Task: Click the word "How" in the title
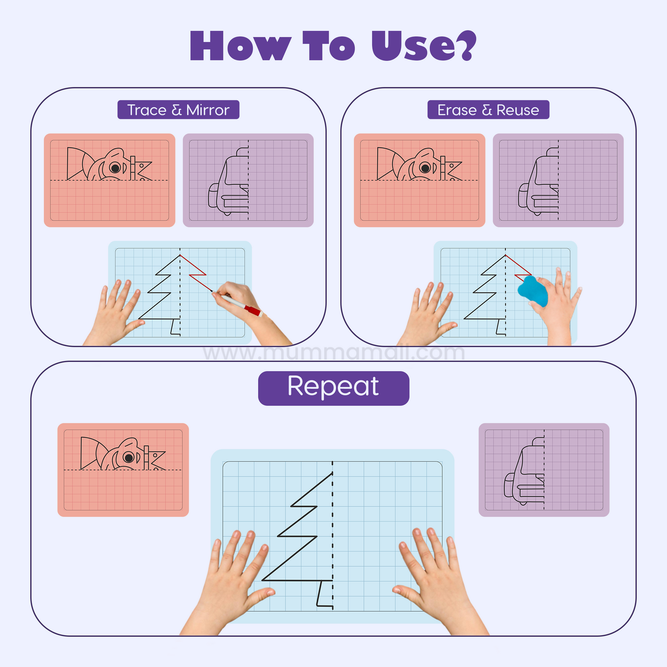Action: pyautogui.click(x=240, y=46)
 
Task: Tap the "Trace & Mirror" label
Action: pyautogui.click(x=178, y=110)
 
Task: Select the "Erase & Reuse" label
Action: pyautogui.click(x=488, y=110)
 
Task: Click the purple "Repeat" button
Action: pyautogui.click(x=333, y=388)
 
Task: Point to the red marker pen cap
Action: pyautogui.click(x=253, y=311)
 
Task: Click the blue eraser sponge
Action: pyautogui.click(x=533, y=290)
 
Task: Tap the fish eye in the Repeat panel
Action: pyautogui.click(x=129, y=457)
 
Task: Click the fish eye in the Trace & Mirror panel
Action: pyautogui.click(x=115, y=168)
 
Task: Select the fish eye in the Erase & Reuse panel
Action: pyautogui.click(x=425, y=168)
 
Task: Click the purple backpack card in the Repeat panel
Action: pyautogui.click(x=544, y=469)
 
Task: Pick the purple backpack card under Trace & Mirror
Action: pyautogui.click(x=248, y=180)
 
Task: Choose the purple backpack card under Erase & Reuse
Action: pyautogui.click(x=558, y=180)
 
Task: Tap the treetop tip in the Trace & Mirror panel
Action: pyautogui.click(x=180, y=255)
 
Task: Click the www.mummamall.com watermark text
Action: pyautogui.click(x=333, y=353)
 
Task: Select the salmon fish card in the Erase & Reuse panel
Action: pyautogui.click(x=419, y=180)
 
